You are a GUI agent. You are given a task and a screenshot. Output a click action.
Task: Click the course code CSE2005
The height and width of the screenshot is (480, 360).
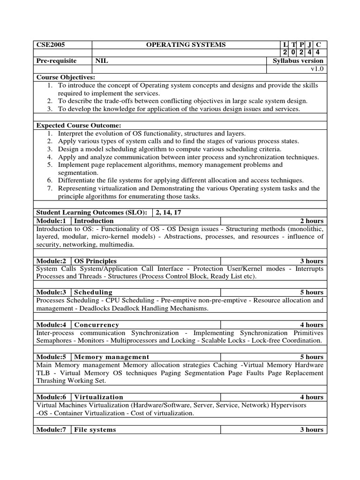coord(50,45)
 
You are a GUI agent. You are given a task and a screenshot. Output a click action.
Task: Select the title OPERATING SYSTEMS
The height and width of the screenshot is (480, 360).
coord(186,45)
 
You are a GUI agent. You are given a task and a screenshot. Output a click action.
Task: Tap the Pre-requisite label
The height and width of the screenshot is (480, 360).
coord(56,61)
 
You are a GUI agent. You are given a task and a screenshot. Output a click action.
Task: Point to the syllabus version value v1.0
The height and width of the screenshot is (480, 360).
coord(317,69)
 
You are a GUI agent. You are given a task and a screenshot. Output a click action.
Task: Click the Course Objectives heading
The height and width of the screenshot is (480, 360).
coord(66,77)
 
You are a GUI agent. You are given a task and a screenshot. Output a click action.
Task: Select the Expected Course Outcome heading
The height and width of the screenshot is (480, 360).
coord(79,125)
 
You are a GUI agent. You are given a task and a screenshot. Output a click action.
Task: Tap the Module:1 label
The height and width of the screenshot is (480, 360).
coord(52,221)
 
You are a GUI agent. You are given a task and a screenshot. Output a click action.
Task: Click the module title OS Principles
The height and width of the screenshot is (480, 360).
coord(96,261)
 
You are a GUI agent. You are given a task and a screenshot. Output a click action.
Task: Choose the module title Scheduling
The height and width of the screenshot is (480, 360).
coord(94,292)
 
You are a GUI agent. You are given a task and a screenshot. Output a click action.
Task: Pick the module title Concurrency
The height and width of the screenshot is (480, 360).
coord(97,325)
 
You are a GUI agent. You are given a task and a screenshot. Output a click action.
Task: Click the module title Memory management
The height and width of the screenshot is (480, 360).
coord(112,357)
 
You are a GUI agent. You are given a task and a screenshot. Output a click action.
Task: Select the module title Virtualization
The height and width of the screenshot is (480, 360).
coord(99,397)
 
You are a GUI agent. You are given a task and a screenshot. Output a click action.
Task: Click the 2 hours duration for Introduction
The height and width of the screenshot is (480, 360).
coord(312,221)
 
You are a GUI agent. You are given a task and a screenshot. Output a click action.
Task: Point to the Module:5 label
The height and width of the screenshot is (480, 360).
coord(52,357)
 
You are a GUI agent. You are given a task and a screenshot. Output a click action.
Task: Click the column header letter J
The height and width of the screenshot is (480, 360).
coord(308,45)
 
